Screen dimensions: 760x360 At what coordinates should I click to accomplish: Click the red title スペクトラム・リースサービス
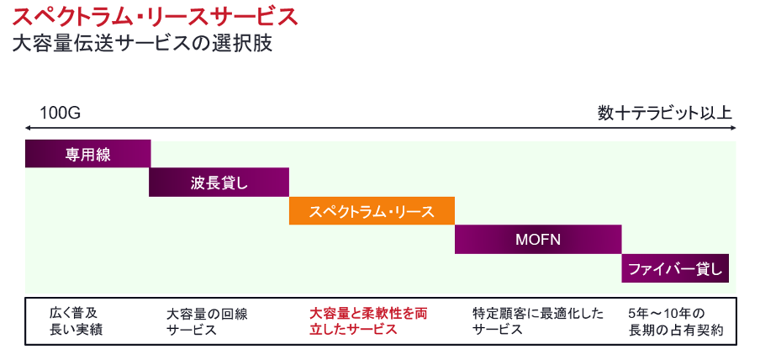click(155, 17)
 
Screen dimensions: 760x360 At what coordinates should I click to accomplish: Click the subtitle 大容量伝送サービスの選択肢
click(142, 44)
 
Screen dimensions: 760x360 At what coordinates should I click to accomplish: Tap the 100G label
click(60, 114)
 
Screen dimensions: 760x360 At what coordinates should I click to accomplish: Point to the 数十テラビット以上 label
click(664, 114)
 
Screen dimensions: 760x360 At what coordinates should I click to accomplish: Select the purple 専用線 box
click(87, 154)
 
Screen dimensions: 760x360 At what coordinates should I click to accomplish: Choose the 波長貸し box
click(219, 183)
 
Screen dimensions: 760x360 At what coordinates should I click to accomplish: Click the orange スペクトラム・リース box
click(372, 211)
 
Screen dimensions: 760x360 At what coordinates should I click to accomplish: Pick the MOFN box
click(538, 239)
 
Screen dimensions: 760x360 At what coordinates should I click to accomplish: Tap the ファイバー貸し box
click(675, 268)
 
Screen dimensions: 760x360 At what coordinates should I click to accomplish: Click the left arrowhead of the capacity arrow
click(27, 128)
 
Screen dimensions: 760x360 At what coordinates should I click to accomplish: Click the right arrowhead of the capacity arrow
click(734, 128)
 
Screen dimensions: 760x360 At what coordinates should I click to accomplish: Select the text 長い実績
click(77, 330)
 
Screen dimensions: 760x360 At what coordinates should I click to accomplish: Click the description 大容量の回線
click(207, 314)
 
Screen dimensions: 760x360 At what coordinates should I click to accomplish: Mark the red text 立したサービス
click(353, 330)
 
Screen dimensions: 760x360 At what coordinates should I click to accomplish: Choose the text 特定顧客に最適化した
click(538, 314)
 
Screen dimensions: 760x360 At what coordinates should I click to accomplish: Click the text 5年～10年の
click(667, 314)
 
